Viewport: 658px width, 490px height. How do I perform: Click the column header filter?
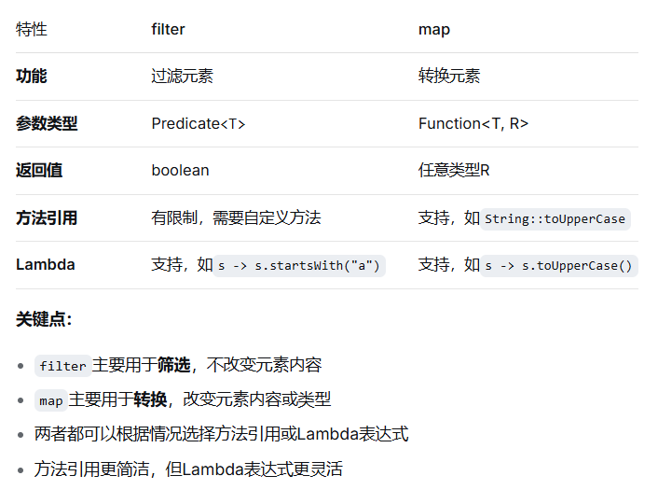pyautogui.click(x=168, y=29)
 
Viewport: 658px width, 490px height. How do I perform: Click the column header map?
pyautogui.click(x=433, y=29)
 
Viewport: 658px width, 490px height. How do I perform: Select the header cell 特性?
pyautogui.click(x=31, y=29)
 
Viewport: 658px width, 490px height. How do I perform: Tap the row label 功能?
pyautogui.click(x=31, y=77)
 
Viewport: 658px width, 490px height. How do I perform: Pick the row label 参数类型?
pyautogui.click(x=47, y=123)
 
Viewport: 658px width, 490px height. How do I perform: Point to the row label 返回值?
pyautogui.click(x=39, y=171)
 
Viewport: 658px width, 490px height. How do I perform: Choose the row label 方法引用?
pyautogui.click(x=47, y=217)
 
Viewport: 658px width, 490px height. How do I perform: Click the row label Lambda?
pyautogui.click(x=45, y=265)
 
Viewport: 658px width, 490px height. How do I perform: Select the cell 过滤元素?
pyautogui.click(x=182, y=77)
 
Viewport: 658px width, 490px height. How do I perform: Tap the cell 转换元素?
pyautogui.click(x=449, y=77)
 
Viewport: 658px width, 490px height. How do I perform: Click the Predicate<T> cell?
pyautogui.click(x=198, y=123)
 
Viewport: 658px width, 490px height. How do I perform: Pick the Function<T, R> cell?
pyautogui.click(x=473, y=123)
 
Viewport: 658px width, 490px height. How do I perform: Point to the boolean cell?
pyautogui.click(x=180, y=171)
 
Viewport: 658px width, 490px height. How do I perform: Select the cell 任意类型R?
pyautogui.click(x=454, y=171)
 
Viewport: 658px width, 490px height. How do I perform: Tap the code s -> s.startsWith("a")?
pyautogui.click(x=298, y=266)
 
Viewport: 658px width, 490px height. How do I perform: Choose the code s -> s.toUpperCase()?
pyautogui.click(x=558, y=266)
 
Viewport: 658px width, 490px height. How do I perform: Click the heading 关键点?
pyautogui.click(x=43, y=319)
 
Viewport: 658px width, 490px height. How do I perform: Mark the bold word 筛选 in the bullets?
pyautogui.click(x=173, y=365)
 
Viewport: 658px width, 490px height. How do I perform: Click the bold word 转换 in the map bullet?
pyautogui.click(x=150, y=399)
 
